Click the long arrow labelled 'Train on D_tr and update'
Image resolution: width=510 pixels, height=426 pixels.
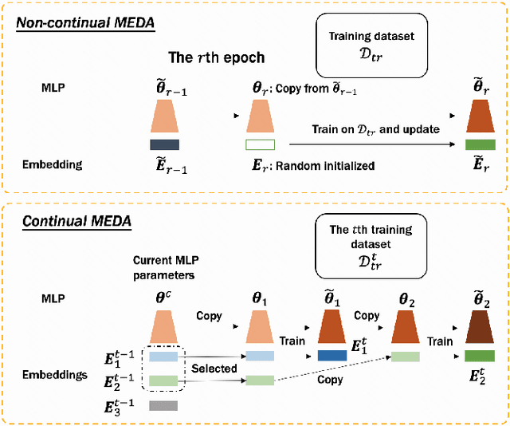(375, 144)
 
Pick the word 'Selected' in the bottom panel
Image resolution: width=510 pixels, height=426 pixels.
(214, 369)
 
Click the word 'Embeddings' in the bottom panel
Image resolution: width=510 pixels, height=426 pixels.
(57, 373)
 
